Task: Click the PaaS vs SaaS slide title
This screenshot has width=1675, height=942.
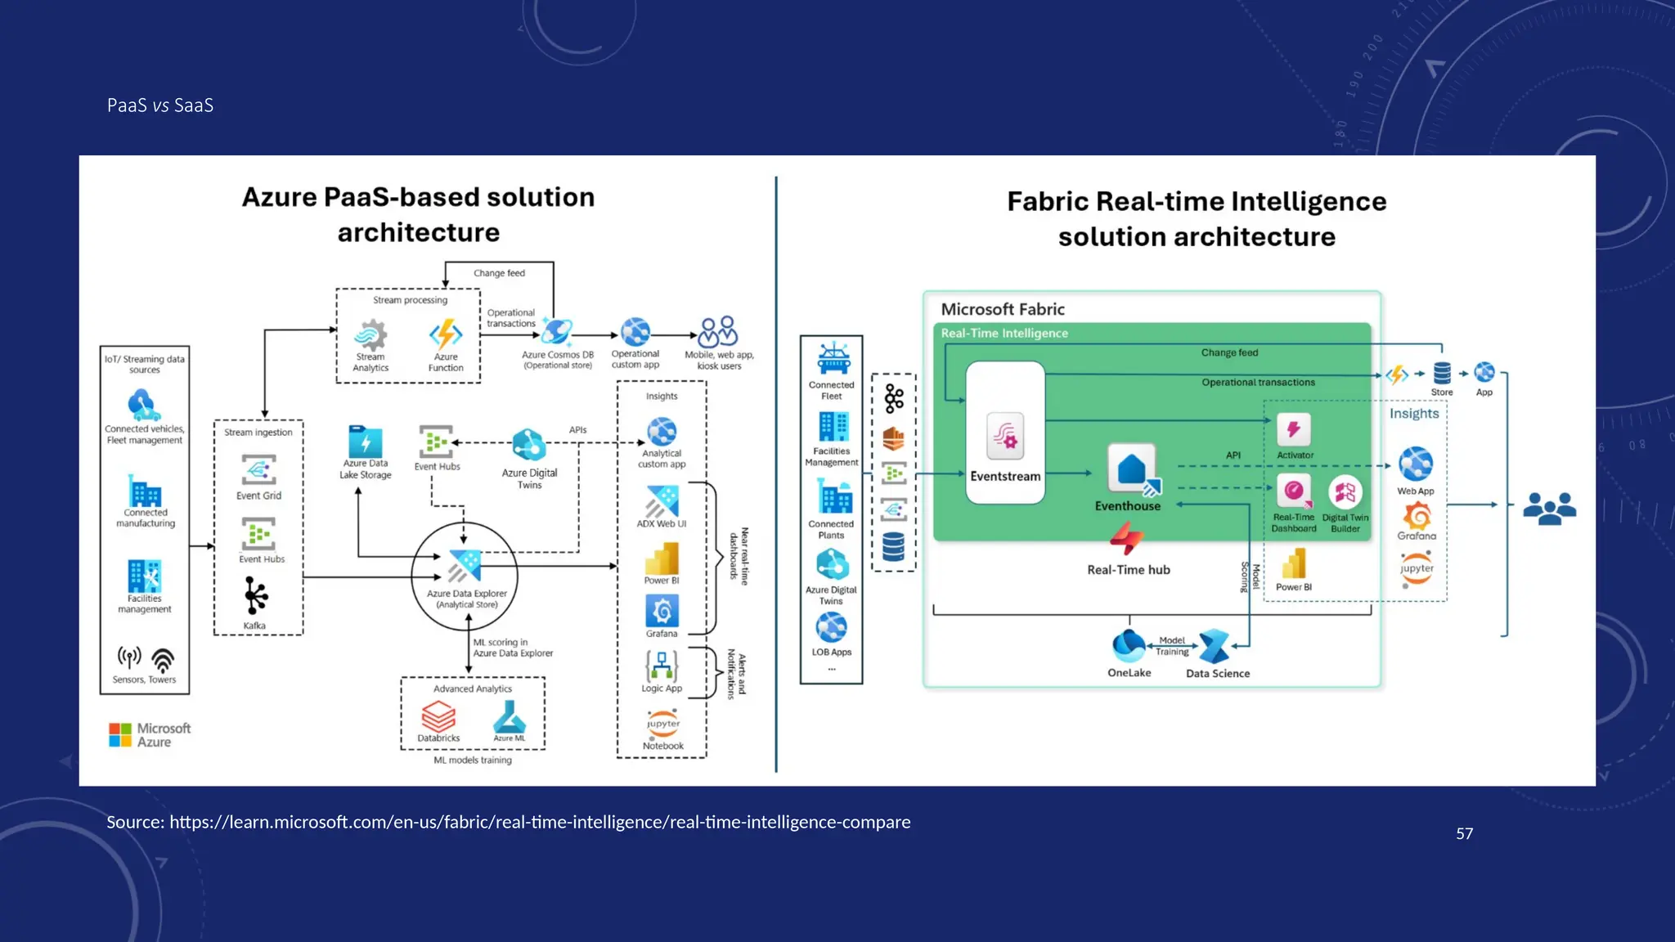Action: (x=160, y=105)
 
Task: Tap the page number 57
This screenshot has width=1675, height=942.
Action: (x=1464, y=833)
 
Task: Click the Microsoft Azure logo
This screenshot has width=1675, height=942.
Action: (x=150, y=734)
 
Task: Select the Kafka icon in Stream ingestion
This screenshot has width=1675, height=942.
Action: (x=255, y=596)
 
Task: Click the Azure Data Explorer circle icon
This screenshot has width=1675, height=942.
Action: (x=465, y=566)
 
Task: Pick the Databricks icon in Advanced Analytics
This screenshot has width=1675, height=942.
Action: (x=438, y=717)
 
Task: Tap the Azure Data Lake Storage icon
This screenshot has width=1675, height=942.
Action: (x=365, y=442)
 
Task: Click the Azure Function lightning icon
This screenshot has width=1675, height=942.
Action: (x=446, y=334)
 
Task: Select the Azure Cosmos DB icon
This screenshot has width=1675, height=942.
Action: (x=556, y=332)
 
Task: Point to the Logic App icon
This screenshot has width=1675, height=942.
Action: (x=662, y=666)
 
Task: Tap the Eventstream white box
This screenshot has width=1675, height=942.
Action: (x=1005, y=433)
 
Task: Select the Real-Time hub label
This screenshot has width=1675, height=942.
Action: (x=1128, y=570)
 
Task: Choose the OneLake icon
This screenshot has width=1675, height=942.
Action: (x=1129, y=646)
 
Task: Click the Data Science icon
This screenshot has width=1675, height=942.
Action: (x=1215, y=647)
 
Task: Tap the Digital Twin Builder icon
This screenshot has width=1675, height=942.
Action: (x=1345, y=492)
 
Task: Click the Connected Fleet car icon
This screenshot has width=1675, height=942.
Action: (x=833, y=358)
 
